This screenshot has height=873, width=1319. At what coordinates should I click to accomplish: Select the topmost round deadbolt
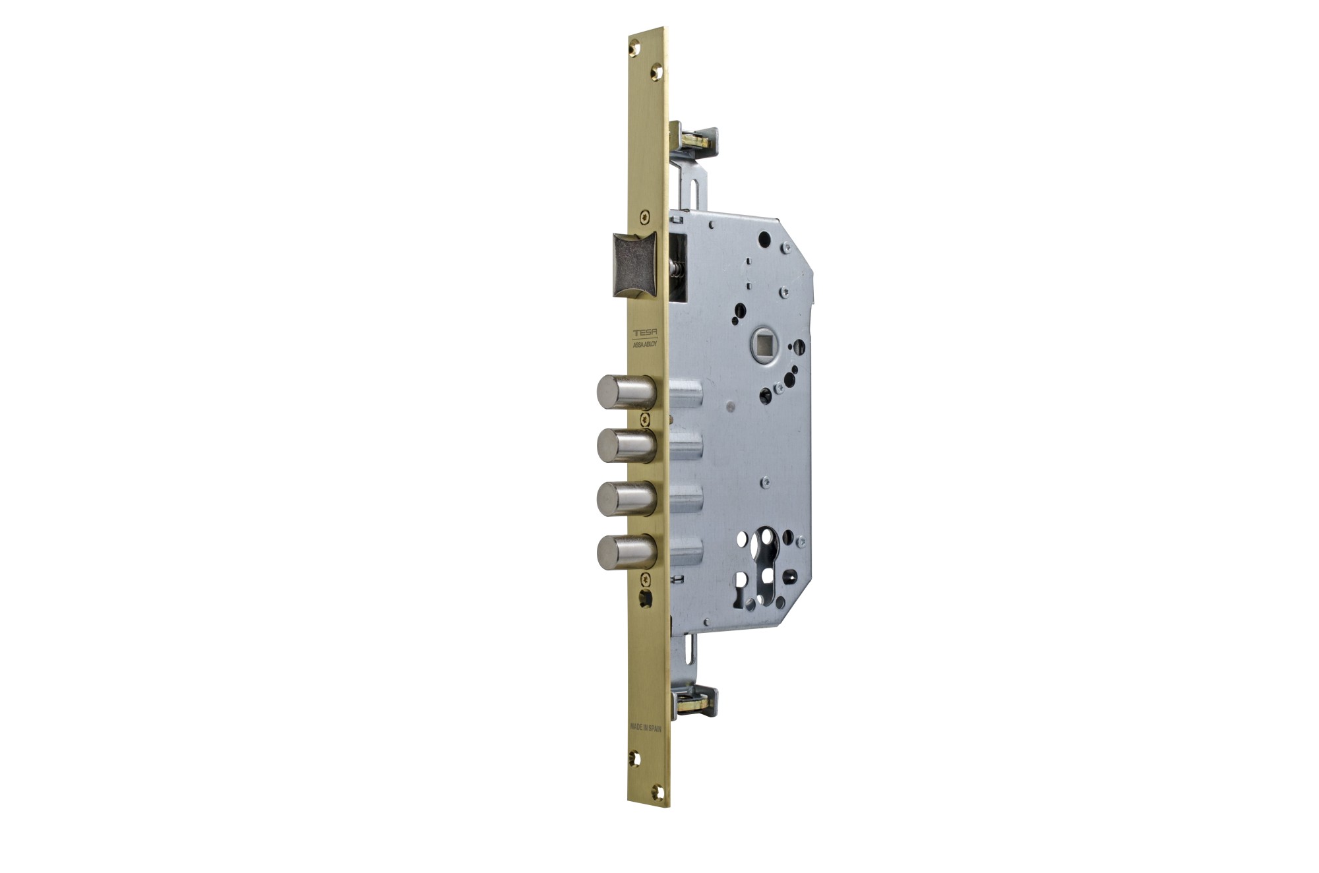click(x=627, y=392)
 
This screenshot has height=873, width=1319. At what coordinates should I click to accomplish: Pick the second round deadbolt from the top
click(x=627, y=446)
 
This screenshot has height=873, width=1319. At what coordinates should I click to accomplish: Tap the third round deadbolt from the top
click(x=627, y=499)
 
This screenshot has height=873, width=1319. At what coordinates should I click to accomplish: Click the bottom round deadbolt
click(x=627, y=553)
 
